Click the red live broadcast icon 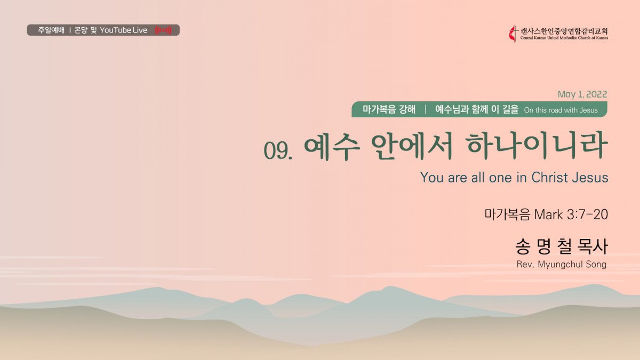pyautogui.click(x=163, y=30)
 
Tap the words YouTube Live pyautogui.click(x=123, y=30)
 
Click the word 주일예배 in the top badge pyautogui.click(x=51, y=30)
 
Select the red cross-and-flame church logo pyautogui.click(x=514, y=34)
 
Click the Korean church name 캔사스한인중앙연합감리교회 pyautogui.click(x=564, y=31)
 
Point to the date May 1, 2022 pyautogui.click(x=582, y=94)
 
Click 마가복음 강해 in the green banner pyautogui.click(x=389, y=109)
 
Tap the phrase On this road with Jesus pyautogui.click(x=561, y=110)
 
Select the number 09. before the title pyautogui.click(x=278, y=150)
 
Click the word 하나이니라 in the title pyautogui.click(x=537, y=146)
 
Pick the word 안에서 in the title pyautogui.click(x=412, y=146)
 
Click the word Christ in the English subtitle pyautogui.click(x=549, y=177)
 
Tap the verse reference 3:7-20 pyautogui.click(x=587, y=214)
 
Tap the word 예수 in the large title pyautogui.click(x=331, y=146)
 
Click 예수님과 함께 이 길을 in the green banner pyautogui.click(x=477, y=109)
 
